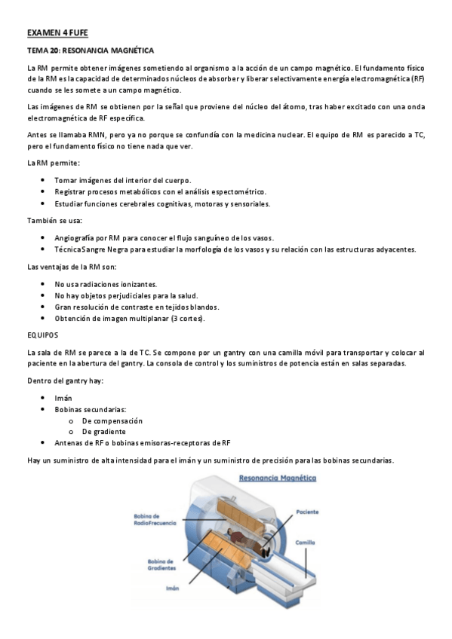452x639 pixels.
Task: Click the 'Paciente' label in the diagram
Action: [x=307, y=512]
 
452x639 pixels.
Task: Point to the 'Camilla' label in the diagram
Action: [x=305, y=542]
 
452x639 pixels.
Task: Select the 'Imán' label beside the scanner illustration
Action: [x=171, y=589]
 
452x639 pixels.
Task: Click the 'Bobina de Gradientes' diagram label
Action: [x=160, y=564]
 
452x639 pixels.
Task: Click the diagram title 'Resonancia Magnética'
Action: [x=277, y=478]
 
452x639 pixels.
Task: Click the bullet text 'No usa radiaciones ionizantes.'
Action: [x=106, y=284]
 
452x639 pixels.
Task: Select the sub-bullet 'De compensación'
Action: [x=112, y=420]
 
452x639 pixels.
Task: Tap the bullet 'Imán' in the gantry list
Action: [x=63, y=397]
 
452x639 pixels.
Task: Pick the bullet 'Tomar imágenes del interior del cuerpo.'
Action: [x=123, y=180]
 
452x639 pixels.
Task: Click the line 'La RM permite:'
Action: [x=53, y=164]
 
